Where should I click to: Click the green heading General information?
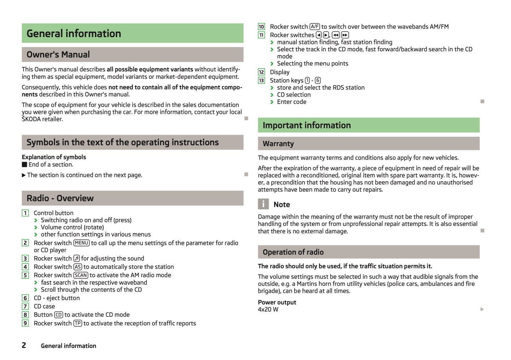tap(74, 34)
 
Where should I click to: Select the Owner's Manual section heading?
tap(58, 54)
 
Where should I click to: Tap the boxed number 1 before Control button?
tap(25, 213)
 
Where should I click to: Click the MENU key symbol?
tap(81, 243)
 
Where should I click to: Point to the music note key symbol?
tap(76, 259)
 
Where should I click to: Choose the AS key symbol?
tap(78, 267)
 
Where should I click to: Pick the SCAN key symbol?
tap(81, 275)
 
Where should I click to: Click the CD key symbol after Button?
tap(58, 315)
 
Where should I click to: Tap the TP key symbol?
tap(78, 323)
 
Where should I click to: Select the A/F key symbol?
tap(314, 27)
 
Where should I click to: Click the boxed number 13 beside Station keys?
tap(261, 81)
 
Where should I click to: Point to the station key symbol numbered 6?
tap(318, 81)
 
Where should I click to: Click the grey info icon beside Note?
tap(263, 204)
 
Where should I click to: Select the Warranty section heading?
tap(278, 144)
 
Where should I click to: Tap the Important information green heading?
tap(307, 126)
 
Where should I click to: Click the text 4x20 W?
tap(268, 309)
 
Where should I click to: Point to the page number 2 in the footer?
tap(24, 345)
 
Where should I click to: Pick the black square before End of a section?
tap(24, 164)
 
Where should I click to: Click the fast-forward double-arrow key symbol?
tap(345, 35)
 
